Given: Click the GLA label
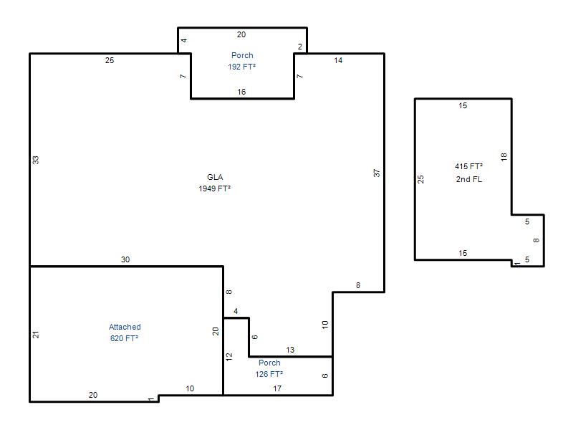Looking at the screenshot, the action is pyautogui.click(x=215, y=177).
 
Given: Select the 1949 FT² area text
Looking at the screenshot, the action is pyautogui.click(x=214, y=188).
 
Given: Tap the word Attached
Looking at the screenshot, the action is pyautogui.click(x=125, y=327).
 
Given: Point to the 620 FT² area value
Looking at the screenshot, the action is pyautogui.click(x=124, y=338).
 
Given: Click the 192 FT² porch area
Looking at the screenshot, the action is pyautogui.click(x=241, y=67).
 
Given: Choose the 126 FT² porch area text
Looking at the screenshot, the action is pyautogui.click(x=269, y=374).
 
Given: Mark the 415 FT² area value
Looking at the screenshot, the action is pyautogui.click(x=469, y=166).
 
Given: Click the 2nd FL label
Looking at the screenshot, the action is pyautogui.click(x=469, y=179).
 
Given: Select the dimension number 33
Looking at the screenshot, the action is pyautogui.click(x=35, y=160).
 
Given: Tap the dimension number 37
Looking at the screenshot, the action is pyautogui.click(x=377, y=173).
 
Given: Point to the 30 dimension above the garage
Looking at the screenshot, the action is pyautogui.click(x=125, y=259).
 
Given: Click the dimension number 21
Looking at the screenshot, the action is pyautogui.click(x=35, y=335).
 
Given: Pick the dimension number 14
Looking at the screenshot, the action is pyautogui.click(x=338, y=60).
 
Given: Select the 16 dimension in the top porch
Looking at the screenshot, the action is pyautogui.click(x=241, y=92).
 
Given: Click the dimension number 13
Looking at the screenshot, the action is pyautogui.click(x=290, y=350).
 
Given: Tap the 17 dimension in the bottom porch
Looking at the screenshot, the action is pyautogui.click(x=277, y=388).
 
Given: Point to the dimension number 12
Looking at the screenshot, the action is pyautogui.click(x=229, y=357).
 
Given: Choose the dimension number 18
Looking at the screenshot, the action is pyautogui.click(x=504, y=157).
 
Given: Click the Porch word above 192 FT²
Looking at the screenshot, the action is pyautogui.click(x=242, y=55).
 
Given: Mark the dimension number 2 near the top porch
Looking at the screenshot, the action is pyautogui.click(x=300, y=47).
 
